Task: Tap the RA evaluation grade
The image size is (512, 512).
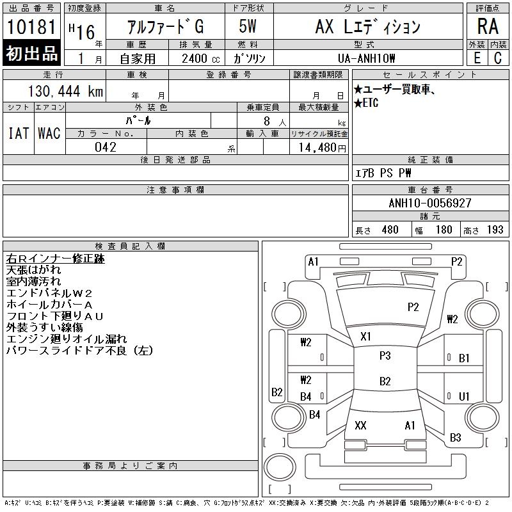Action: tap(488, 27)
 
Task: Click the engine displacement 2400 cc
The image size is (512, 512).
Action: tap(198, 58)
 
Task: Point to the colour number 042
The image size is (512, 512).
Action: tap(105, 147)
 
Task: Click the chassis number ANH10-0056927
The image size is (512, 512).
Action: tap(430, 203)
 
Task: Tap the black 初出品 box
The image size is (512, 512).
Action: tap(32, 54)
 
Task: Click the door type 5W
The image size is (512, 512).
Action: tap(248, 27)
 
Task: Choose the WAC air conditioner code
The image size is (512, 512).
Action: tap(49, 133)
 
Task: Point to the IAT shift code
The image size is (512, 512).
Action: tap(18, 133)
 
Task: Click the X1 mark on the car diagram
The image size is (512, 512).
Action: tap(366, 336)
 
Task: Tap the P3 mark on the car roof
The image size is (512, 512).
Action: tap(385, 356)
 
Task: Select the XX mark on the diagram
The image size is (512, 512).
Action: tap(360, 426)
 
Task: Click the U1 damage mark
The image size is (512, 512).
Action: tap(465, 397)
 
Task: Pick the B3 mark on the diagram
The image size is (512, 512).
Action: tap(456, 438)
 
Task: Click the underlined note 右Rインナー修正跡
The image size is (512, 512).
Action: tap(55, 259)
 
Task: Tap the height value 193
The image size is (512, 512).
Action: tap(495, 230)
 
